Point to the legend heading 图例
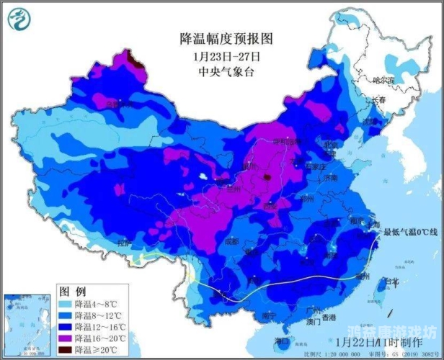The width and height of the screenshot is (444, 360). [72, 292]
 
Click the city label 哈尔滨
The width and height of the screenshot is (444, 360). [384, 80]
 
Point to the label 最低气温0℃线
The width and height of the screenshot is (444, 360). [410, 232]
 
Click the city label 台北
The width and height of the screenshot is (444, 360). [391, 281]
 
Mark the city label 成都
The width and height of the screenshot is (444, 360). [231, 241]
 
